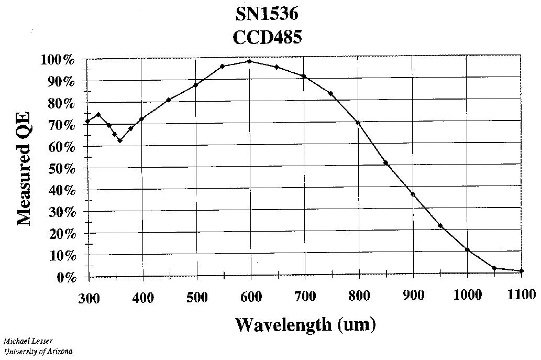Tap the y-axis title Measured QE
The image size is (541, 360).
pyautogui.click(x=24, y=168)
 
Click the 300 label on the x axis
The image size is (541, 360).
pyautogui.click(x=88, y=297)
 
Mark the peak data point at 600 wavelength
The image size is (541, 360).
pyautogui.click(x=250, y=61)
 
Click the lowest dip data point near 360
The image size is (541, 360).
pyautogui.click(x=120, y=140)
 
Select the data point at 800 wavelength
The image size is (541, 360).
pyautogui.click(x=358, y=123)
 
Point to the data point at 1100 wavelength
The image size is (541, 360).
pyautogui.click(x=521, y=271)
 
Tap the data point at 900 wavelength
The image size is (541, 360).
pyautogui.click(x=413, y=194)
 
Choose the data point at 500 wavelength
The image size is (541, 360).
pyautogui.click(x=195, y=85)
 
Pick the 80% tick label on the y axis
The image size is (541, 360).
pyautogui.click(x=62, y=103)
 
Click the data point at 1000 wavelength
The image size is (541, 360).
pyautogui.click(x=467, y=250)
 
